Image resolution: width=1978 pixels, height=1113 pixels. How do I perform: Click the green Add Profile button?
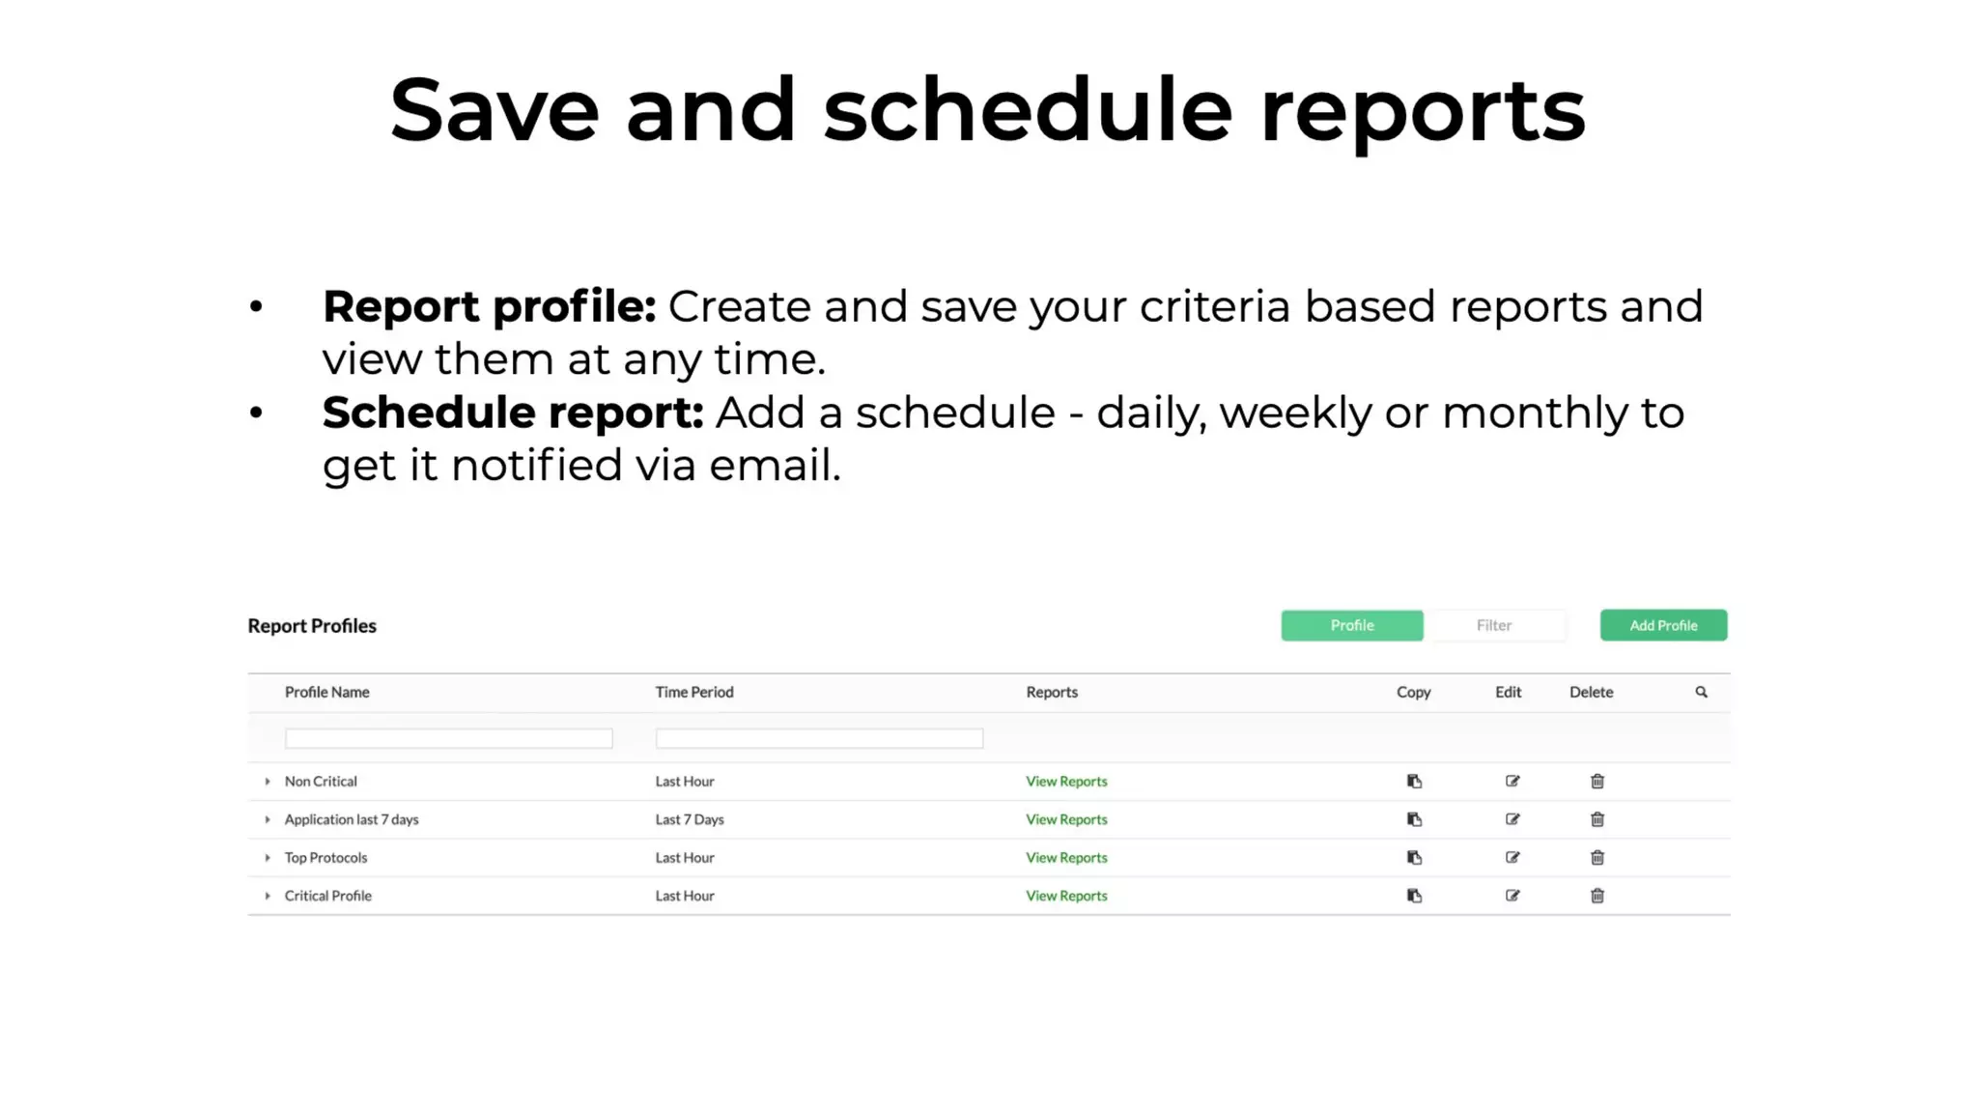pos(1663,625)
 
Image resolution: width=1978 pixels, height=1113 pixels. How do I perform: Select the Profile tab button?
pos(1351,625)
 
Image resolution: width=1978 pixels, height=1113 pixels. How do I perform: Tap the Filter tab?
pos(1493,625)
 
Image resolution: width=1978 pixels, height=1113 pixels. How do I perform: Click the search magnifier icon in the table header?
pos(1701,692)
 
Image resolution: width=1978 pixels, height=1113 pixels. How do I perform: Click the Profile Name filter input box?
pos(448,738)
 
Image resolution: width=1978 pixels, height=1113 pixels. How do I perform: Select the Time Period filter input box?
pos(819,738)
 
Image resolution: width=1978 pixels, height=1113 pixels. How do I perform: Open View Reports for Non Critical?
pos(1066,781)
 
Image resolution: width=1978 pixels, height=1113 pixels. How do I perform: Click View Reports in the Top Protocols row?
pos(1066,857)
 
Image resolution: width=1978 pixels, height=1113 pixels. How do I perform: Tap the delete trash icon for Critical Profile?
pos(1597,896)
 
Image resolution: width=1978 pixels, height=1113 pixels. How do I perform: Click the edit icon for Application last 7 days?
pos(1512,819)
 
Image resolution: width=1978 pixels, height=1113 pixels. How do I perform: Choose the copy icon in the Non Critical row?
pos(1414,781)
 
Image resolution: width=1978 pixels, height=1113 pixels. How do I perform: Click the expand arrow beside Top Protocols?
pos(268,857)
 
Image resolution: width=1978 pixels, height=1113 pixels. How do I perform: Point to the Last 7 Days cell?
pos(690,819)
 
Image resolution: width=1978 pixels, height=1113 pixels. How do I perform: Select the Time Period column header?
pos(694,692)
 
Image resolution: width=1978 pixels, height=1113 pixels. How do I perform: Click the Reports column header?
pos(1052,692)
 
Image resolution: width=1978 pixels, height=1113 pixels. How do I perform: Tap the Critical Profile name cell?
pos(327,896)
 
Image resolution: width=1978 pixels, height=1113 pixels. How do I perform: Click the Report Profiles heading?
pos(312,625)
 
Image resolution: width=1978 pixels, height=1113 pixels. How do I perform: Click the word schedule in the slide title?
pos(1028,110)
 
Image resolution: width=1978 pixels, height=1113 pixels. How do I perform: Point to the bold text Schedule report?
pos(512,413)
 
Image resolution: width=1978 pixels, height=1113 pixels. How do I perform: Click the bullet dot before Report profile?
pos(256,307)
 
